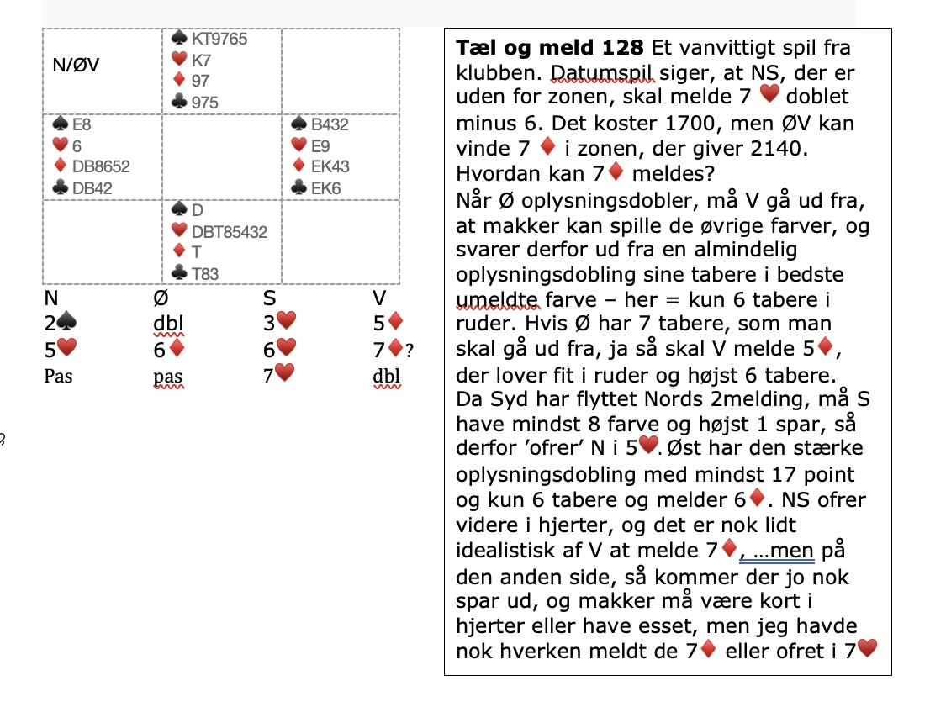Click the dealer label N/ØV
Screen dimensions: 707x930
[x=76, y=65]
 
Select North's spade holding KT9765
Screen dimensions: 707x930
[x=219, y=40]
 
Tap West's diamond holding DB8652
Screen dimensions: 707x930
[x=101, y=166]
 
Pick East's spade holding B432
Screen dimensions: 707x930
[x=330, y=124]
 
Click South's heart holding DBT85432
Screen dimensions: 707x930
[x=230, y=231]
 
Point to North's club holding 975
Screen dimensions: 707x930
[x=204, y=103]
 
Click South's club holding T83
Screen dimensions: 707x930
[x=204, y=272]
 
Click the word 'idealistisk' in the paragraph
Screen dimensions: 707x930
[x=502, y=551]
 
